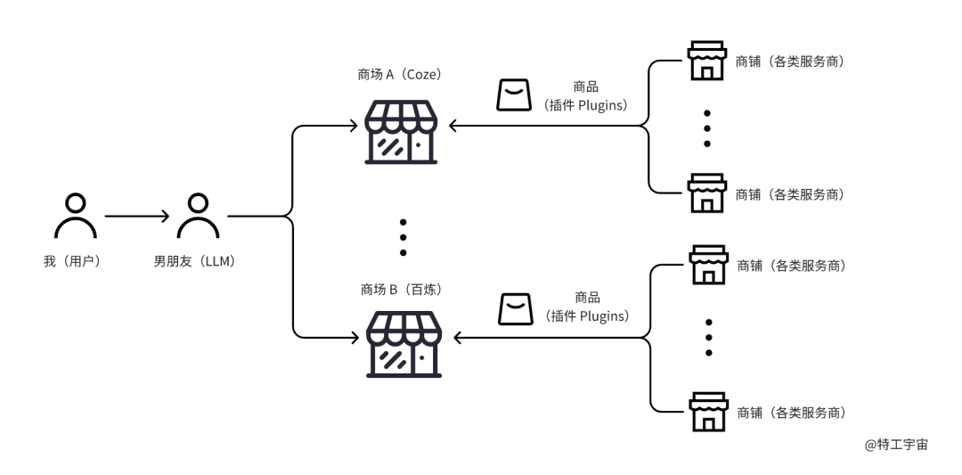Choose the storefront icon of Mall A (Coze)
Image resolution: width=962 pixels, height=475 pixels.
pyautogui.click(x=402, y=132)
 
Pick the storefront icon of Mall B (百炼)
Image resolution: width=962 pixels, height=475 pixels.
pyautogui.click(x=404, y=343)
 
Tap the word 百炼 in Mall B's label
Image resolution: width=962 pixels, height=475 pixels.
pyautogui.click(x=423, y=290)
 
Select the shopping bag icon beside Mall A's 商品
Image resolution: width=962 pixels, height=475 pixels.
pyautogui.click(x=513, y=94)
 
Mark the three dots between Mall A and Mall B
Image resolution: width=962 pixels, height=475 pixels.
pyautogui.click(x=404, y=236)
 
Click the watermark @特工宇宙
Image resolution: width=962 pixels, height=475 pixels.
pyautogui.click(x=896, y=444)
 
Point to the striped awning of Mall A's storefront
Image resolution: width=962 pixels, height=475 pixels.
pyautogui.click(x=402, y=115)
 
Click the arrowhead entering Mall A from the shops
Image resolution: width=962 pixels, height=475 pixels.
pyautogui.click(x=452, y=127)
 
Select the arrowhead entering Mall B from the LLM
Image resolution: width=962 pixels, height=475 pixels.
pyautogui.click(x=357, y=338)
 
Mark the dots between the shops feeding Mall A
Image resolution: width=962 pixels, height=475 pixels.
pyautogui.click(x=707, y=128)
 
